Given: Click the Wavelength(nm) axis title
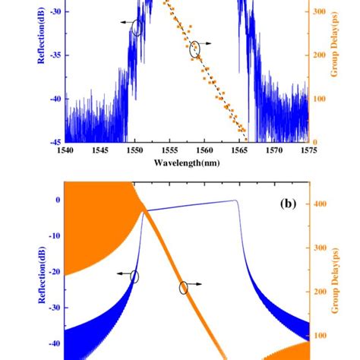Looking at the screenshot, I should pyautogui.click(x=186, y=163).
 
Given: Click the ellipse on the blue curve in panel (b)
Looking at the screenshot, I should pyautogui.click(x=135, y=277).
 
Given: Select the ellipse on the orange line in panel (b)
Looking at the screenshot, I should pyautogui.click(x=183, y=287).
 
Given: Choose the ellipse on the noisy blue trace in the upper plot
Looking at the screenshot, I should pyautogui.click(x=137, y=28).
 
